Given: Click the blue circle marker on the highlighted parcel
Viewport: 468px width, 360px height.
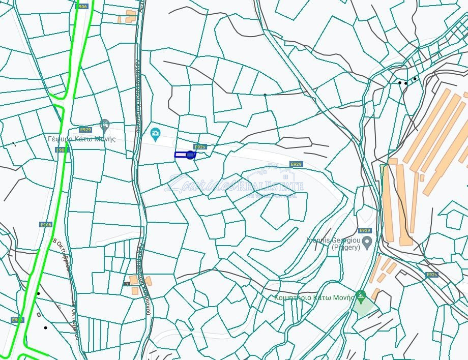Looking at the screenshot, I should click(x=190, y=155).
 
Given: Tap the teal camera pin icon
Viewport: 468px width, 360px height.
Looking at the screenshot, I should click(x=156, y=135).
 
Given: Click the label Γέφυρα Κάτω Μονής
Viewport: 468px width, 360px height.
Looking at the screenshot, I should click(x=81, y=139).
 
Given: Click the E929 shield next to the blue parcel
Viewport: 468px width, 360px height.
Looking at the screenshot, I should click(x=200, y=147).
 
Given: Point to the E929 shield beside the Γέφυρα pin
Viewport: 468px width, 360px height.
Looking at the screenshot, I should click(x=85, y=130).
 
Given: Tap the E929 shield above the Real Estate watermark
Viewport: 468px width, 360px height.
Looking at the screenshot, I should click(x=296, y=164).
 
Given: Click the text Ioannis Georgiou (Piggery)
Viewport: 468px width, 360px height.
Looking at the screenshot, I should click(x=333, y=243).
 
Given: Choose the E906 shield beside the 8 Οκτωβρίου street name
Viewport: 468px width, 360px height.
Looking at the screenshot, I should click(x=45, y=224).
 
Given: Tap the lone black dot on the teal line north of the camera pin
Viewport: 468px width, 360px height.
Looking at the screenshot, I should click(x=265, y=95).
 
